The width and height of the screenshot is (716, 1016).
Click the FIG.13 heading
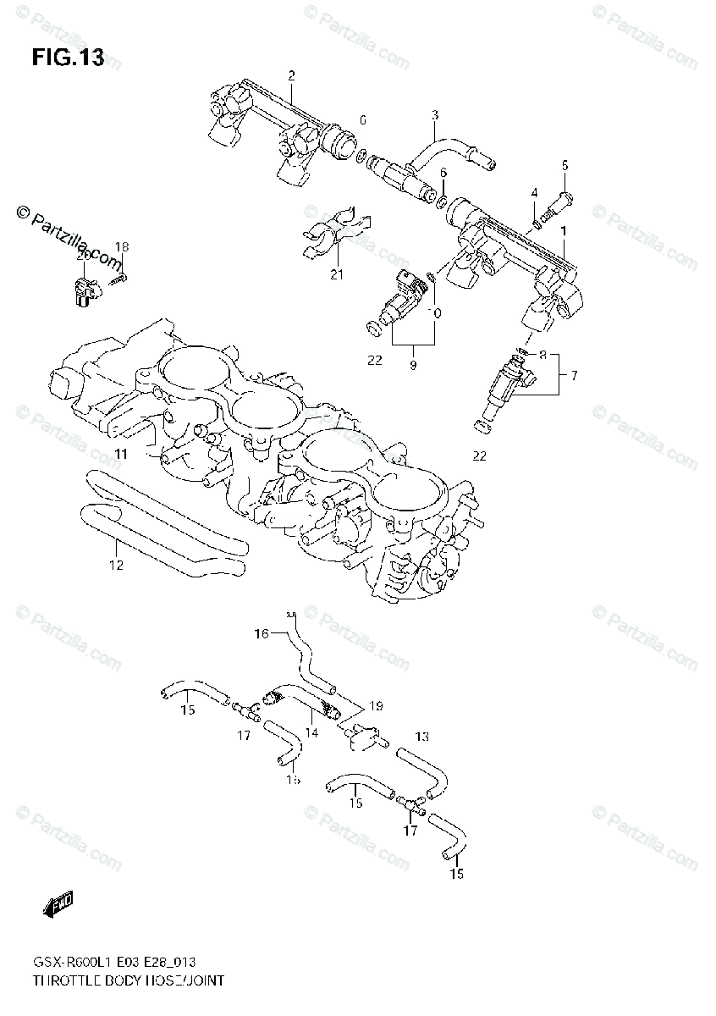pos(68,58)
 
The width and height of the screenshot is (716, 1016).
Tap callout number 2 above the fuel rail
pos(291,76)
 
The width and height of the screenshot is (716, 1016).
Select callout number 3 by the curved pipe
pos(434,114)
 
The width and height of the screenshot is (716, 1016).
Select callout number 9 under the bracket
pos(413,366)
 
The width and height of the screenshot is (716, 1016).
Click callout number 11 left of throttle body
pos(121,455)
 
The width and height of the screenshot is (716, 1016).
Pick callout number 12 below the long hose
pos(116,565)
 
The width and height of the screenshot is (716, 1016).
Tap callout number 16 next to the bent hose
pos(262,632)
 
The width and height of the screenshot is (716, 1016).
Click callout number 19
pos(376,704)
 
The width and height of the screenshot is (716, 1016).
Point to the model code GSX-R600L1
pos(73,964)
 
